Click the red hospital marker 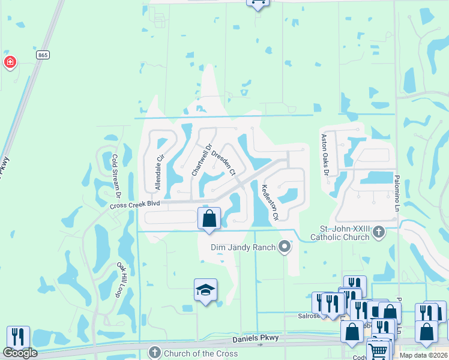(x=10, y=62)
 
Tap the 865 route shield (x=43, y=55)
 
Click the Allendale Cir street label (x=159, y=173)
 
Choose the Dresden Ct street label (x=223, y=160)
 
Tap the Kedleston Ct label (x=268, y=202)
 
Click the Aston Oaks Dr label (x=325, y=155)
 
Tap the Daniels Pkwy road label (x=262, y=339)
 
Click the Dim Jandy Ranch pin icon (x=285, y=247)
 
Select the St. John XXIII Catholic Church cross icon (x=378, y=232)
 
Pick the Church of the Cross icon (x=154, y=353)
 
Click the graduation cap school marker (x=205, y=290)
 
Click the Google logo (x=20, y=353)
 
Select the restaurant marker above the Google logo (x=18, y=336)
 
